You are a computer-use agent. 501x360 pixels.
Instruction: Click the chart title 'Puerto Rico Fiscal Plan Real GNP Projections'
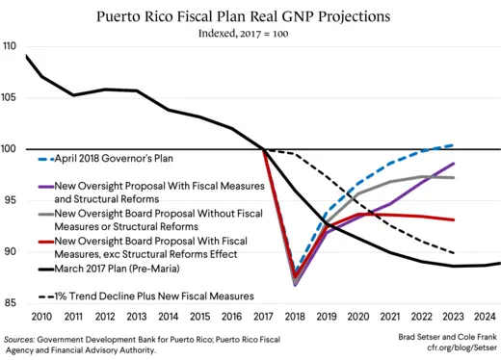click(250, 16)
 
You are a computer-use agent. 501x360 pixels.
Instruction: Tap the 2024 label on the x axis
click(485, 317)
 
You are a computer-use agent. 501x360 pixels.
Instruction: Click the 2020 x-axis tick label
click(358, 317)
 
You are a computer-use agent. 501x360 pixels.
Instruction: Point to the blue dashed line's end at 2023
click(453, 144)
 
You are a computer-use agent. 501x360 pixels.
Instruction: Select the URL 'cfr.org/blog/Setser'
click(452, 351)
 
